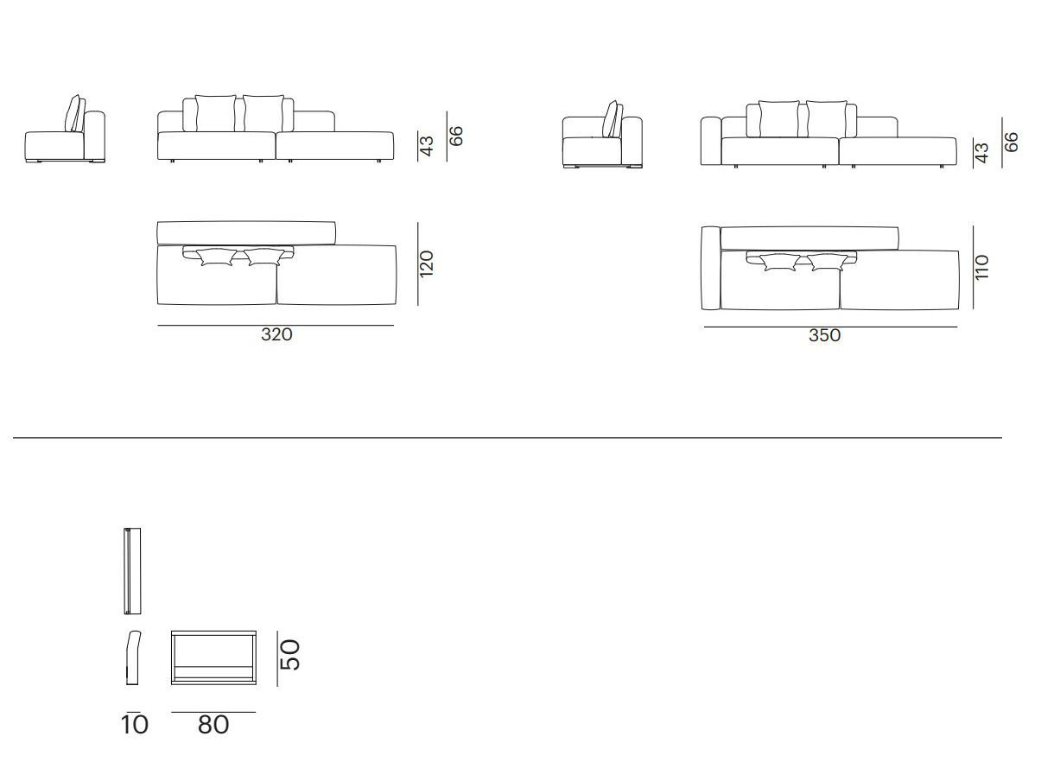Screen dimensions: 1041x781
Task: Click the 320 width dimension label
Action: [276, 334]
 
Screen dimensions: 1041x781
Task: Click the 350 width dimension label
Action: [824, 335]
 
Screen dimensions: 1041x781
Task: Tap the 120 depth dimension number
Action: [427, 264]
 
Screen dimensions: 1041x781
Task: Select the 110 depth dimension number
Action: [981, 267]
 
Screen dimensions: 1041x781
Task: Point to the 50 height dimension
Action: [290, 655]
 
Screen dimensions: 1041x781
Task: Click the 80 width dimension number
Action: [213, 725]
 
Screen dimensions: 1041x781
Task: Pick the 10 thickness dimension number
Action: [135, 725]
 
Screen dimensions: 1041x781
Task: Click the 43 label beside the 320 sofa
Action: [427, 146]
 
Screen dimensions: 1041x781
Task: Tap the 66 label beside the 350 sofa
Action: [1011, 142]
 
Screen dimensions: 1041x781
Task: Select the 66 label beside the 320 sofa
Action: [455, 137]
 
